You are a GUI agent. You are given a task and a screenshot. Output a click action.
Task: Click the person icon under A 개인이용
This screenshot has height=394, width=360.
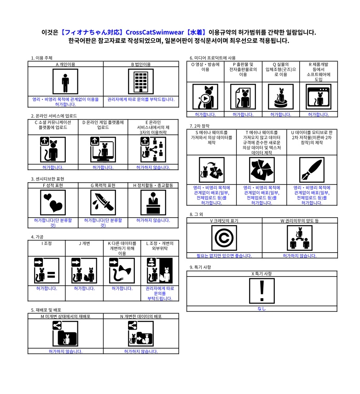65,81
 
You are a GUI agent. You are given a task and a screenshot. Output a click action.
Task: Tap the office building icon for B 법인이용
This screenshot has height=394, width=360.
141,81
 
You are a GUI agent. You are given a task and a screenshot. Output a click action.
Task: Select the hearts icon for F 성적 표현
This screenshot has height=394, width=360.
53,203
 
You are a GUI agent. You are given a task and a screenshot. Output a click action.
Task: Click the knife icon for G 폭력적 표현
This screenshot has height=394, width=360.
103,203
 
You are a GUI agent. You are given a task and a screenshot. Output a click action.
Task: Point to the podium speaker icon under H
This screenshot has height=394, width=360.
153,203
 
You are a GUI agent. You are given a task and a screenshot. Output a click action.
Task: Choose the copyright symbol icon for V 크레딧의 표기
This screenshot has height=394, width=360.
224,238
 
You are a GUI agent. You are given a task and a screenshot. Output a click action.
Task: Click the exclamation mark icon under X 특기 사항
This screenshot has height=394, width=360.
261,291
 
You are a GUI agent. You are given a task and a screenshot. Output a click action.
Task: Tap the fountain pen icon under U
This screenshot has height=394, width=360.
312,170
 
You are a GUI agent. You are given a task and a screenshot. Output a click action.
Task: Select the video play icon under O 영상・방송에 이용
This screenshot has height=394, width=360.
205,97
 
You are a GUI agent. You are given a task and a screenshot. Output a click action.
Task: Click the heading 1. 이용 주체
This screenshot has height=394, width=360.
41,58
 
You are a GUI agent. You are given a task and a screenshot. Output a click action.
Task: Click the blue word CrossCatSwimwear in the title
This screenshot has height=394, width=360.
155,32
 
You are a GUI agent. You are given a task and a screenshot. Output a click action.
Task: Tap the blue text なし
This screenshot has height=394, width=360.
261,308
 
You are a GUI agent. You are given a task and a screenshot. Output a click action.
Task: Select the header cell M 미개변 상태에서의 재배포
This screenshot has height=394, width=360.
65,316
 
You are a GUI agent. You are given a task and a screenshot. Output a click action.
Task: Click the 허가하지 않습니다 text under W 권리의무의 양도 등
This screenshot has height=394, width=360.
300,255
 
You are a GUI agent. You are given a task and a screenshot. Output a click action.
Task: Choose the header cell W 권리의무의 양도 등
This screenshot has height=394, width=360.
300,220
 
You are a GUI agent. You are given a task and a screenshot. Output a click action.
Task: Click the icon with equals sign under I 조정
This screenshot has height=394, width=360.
46,271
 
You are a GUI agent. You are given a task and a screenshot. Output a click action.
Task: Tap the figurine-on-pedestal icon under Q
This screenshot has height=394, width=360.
280,97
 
